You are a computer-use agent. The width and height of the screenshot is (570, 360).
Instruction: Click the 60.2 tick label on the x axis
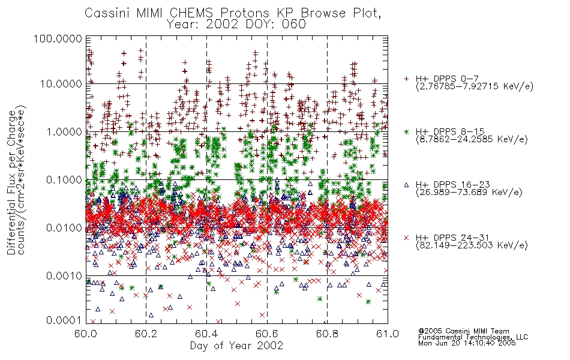146,334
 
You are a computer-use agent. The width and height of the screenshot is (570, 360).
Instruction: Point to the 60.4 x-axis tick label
206,334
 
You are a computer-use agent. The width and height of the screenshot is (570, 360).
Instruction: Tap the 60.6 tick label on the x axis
267,334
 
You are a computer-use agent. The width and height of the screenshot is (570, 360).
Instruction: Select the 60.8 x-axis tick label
327,334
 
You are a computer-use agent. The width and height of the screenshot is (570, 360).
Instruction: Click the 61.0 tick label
388,334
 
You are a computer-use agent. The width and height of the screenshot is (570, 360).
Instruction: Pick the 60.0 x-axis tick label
86,334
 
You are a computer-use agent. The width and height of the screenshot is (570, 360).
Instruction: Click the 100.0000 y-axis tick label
58,38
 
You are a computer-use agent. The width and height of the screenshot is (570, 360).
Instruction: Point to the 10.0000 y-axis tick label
61,84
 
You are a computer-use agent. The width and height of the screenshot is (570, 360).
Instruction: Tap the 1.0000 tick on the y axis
64,131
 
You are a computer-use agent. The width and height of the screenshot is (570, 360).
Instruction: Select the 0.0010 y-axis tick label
64,276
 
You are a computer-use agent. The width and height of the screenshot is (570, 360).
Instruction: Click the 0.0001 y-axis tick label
64,320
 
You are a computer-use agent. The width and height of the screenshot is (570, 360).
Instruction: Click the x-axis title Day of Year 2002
236,346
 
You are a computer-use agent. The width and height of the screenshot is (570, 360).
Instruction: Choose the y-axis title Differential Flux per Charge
12,182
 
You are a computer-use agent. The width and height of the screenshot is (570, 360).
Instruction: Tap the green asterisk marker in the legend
406,132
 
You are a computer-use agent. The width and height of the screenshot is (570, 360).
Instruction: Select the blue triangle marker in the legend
406,185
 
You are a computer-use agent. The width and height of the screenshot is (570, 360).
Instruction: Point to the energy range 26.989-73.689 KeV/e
469,193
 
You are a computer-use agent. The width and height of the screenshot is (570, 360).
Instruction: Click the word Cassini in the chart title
108,13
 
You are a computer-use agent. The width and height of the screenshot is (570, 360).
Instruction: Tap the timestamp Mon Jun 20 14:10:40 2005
467,343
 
